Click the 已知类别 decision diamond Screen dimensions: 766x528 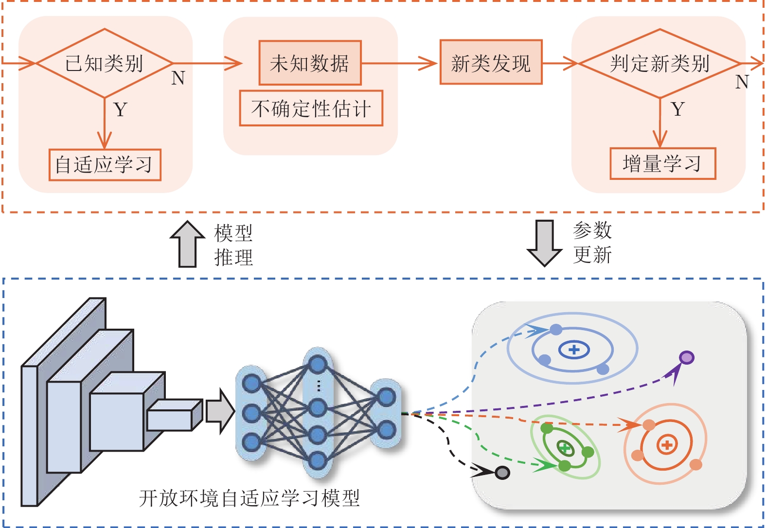point(104,63)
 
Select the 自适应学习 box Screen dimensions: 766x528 point(105,165)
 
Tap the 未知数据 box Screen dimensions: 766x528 point(310,63)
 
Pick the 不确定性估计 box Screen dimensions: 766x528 point(311,108)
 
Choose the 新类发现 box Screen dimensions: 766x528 point(491,62)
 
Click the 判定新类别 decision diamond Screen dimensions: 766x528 point(659,64)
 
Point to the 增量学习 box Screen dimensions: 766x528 point(663,163)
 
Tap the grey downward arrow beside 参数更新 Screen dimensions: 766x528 point(544,243)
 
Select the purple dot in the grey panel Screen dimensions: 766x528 point(686,358)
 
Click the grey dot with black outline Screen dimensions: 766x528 point(502,473)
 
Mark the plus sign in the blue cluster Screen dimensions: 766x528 point(574,350)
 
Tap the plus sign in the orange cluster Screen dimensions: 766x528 point(667,444)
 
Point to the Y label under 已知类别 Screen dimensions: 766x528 point(121,110)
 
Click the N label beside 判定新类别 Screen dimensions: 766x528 point(742,82)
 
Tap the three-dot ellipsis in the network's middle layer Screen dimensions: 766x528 point(319,385)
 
